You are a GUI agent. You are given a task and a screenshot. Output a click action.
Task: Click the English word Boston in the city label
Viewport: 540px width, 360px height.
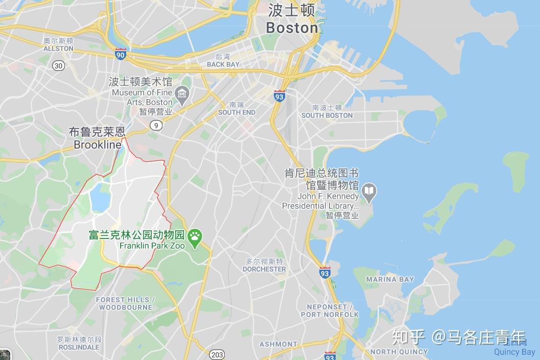(x=292, y=28)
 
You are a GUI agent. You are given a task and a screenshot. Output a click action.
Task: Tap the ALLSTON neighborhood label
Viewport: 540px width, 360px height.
(x=58, y=49)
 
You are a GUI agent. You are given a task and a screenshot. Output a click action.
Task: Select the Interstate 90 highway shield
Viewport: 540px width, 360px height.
(x=120, y=54)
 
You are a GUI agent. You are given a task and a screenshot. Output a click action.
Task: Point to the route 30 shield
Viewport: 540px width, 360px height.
(x=59, y=65)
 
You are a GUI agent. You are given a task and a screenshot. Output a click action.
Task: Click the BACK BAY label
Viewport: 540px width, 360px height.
(x=223, y=64)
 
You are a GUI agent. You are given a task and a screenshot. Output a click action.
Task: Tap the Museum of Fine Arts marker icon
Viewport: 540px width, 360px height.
(x=182, y=93)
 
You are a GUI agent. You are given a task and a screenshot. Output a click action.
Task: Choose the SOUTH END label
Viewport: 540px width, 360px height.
(x=237, y=112)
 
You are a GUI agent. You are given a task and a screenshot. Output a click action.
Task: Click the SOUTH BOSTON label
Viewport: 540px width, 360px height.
(x=327, y=115)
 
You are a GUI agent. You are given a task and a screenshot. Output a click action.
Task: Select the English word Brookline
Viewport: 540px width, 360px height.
(x=98, y=145)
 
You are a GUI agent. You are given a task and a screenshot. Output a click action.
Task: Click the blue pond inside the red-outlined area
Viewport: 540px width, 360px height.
(x=100, y=198)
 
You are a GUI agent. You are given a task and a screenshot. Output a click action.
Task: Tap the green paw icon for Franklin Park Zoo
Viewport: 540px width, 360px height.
(x=195, y=236)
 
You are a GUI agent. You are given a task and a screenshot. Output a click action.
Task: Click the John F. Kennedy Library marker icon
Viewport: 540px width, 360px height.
(x=368, y=192)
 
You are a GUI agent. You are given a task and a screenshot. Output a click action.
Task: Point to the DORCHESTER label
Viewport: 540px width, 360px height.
(x=264, y=269)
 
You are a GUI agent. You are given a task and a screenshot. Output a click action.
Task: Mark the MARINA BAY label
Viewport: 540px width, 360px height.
(x=390, y=279)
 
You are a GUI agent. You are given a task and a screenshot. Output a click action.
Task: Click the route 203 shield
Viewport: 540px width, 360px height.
(x=217, y=354)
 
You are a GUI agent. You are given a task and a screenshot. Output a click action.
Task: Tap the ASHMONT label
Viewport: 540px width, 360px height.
(x=278, y=344)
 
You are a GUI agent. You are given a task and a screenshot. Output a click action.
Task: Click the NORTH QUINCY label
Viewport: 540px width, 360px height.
(x=399, y=351)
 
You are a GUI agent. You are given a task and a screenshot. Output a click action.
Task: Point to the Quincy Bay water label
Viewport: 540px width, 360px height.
(x=514, y=351)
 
